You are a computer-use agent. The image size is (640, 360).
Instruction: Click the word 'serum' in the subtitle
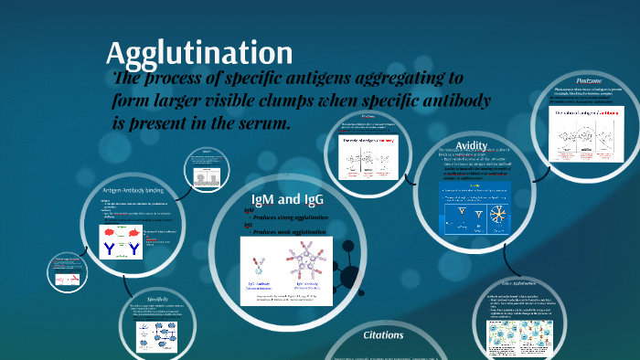click(x=259, y=121)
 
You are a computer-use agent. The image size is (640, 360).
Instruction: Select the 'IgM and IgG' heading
click(x=287, y=199)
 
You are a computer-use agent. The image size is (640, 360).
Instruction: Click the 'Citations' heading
click(x=383, y=335)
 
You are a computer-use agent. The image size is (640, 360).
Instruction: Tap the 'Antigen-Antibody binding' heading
click(x=133, y=190)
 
